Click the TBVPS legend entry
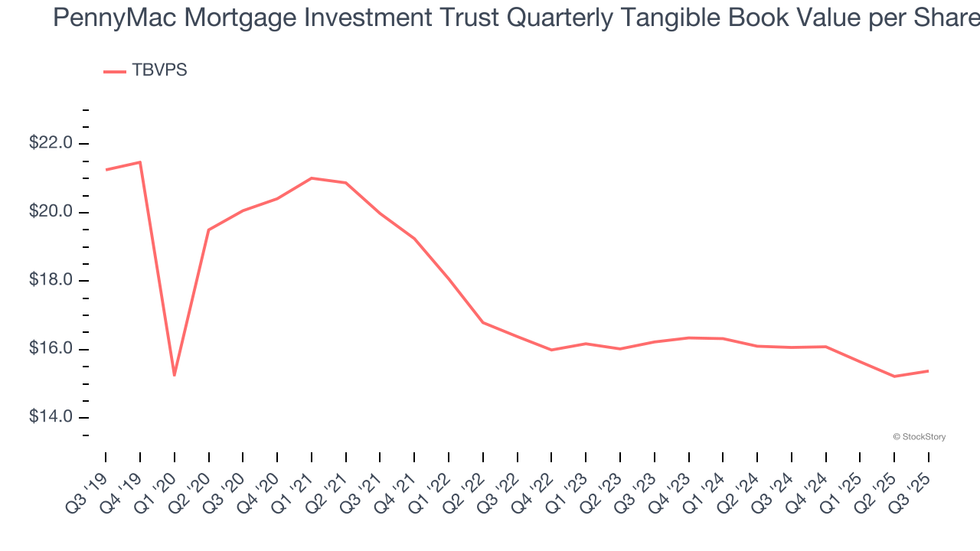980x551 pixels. [145, 70]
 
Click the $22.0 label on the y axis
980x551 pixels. [51, 143]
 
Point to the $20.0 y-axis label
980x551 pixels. [51, 212]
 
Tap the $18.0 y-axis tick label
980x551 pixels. [51, 280]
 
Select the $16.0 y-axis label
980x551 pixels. [51, 349]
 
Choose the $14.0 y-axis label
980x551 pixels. [51, 417]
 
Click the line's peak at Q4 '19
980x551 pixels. [140, 161]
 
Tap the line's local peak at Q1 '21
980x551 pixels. [312, 178]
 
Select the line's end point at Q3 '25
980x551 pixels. [929, 371]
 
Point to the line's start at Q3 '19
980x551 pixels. [106, 170]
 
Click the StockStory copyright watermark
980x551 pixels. [920, 437]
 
